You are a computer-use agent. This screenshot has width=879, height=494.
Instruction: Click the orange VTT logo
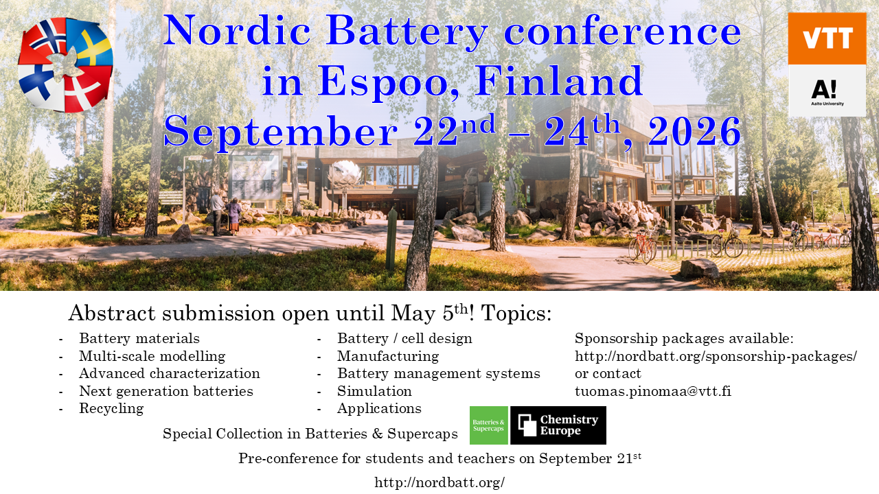tap(827, 38)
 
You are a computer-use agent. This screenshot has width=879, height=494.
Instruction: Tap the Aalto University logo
tap(827, 91)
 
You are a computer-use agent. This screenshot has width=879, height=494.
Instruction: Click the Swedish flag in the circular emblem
tap(91, 44)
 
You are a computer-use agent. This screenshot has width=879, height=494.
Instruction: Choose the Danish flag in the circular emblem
tap(87, 89)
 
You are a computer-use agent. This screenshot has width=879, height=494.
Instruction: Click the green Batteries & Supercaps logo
tap(488, 425)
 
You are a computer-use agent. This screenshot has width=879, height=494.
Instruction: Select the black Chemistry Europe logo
tap(558, 425)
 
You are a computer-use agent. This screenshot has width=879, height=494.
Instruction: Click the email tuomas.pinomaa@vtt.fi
tap(653, 391)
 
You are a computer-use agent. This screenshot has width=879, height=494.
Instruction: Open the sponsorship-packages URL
tap(716, 356)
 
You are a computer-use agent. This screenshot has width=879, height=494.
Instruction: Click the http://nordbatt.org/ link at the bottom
tap(439, 482)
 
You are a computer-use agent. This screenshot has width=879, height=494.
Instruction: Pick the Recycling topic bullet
tap(111, 408)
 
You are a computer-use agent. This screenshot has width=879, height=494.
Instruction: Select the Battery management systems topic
tap(439, 374)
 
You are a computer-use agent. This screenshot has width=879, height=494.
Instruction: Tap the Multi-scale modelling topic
tap(152, 356)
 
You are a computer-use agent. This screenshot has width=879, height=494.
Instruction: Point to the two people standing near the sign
tap(225, 213)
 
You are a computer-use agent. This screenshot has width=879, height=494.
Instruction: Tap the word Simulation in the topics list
tap(374, 391)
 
